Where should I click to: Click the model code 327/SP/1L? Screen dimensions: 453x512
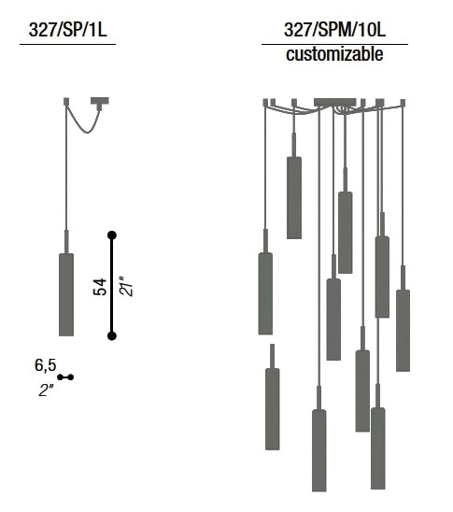[68, 30]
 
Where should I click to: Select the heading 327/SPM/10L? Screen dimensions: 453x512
[334, 30]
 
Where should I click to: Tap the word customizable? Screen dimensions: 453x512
[334, 54]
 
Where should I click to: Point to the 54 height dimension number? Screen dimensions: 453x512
[100, 287]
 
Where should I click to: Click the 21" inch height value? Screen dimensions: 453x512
[127, 287]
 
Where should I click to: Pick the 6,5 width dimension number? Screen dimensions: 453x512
[46, 365]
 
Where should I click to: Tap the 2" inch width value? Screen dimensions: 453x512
[46, 390]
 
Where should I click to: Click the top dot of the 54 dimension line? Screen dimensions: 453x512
[112, 235]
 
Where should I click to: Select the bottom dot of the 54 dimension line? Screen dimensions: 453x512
[112, 335]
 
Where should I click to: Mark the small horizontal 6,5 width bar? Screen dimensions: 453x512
[65, 377]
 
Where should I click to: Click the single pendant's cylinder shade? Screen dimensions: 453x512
[66, 294]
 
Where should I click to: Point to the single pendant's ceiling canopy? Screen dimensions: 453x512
[100, 101]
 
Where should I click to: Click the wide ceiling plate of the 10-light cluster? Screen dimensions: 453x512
[335, 102]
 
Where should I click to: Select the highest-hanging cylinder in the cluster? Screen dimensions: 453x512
[294, 198]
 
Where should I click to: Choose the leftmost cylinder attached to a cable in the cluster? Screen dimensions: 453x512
[265, 293]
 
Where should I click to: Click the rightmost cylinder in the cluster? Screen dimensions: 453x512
[403, 331]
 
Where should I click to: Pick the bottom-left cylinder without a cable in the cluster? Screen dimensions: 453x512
[273, 409]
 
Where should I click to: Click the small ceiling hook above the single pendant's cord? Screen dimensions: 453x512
[66, 101]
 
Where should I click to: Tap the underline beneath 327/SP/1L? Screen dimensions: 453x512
[68, 44]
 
